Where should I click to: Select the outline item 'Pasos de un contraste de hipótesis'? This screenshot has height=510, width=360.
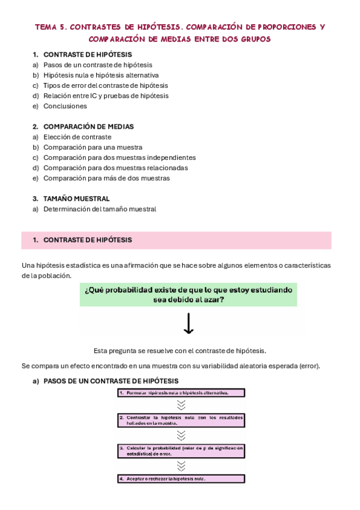point(97,65)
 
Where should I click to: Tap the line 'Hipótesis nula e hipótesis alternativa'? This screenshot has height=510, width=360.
point(101,75)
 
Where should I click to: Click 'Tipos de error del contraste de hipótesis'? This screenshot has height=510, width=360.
point(105,85)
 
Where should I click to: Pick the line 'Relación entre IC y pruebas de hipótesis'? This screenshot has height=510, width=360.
point(106,96)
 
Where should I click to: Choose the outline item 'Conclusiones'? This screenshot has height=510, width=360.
point(65,106)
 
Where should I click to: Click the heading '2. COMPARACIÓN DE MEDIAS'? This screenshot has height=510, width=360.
point(88,127)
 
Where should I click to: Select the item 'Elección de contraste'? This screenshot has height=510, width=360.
point(77,137)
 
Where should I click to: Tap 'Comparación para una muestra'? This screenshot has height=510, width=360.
point(93,147)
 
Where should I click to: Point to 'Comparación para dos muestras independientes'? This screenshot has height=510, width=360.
point(119,158)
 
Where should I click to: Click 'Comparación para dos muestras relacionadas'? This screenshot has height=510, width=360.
point(115,168)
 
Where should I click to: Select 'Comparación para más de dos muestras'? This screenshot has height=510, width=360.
point(106,178)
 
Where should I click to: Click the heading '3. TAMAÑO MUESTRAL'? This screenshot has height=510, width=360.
point(76,198)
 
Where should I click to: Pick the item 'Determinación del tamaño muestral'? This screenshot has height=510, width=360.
point(100,209)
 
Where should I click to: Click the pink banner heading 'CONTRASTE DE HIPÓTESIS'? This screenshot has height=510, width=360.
point(87,240)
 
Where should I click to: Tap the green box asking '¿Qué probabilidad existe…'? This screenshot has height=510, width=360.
point(189,294)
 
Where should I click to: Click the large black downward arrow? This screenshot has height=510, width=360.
point(188,324)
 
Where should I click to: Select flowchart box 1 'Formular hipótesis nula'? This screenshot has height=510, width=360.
point(181,393)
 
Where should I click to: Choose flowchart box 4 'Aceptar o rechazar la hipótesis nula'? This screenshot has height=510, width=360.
point(181,479)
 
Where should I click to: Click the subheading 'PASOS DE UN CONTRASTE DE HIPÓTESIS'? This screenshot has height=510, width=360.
point(111,381)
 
